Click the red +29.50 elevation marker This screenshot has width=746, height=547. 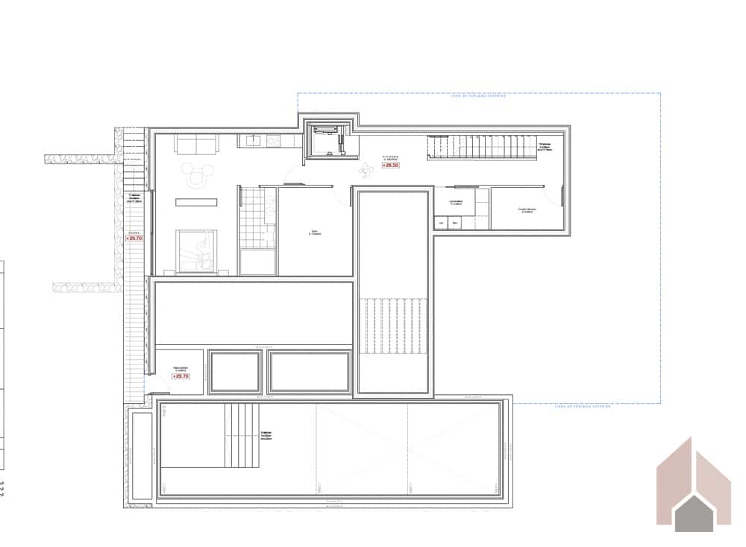click(389, 165)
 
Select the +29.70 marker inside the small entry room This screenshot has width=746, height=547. click(181, 376)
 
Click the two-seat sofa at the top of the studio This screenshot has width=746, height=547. click(196, 143)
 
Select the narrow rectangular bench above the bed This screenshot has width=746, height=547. click(196, 202)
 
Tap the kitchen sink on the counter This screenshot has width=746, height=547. click(252, 139)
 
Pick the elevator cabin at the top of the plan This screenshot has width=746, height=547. click(328, 140)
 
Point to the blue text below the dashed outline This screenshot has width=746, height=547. click(583, 407)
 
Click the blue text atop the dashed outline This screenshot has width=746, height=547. click(478, 95)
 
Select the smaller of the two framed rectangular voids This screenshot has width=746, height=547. click(236, 371)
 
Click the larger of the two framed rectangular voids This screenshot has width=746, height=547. click(309, 371)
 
